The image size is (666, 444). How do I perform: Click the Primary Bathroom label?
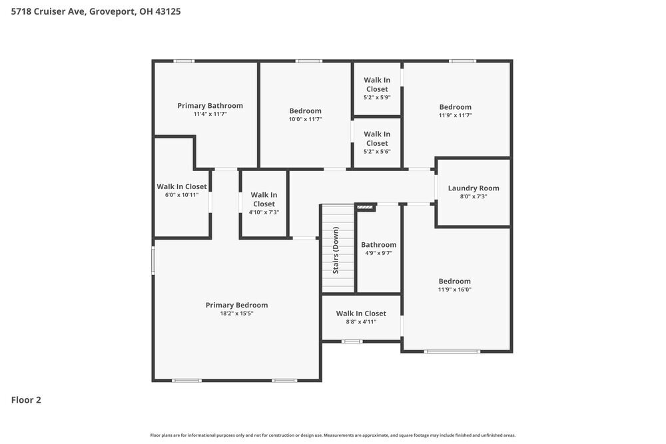pos(210,106)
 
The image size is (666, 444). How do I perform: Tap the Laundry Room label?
pos(473,188)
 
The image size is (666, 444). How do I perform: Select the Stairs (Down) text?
pos(336,250)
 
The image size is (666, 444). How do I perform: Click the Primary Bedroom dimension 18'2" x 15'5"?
pos(236,314)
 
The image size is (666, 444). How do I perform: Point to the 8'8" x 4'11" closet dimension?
pos(361,322)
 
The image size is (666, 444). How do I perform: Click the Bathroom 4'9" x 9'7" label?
pos(378,245)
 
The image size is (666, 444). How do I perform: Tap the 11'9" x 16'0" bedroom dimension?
pos(454,290)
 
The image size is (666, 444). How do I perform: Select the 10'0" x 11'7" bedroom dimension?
pos(305,119)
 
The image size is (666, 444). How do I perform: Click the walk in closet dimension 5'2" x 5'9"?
pos(376,97)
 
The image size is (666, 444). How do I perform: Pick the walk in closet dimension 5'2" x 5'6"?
pos(376,151)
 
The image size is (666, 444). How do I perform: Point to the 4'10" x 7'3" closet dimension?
pos(264,212)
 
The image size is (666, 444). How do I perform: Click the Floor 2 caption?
pos(26,400)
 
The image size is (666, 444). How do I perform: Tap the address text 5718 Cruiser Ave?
pos(49,11)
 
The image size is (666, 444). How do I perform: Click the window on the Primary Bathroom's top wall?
pos(184,61)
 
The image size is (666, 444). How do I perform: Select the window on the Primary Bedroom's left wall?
pos(153,260)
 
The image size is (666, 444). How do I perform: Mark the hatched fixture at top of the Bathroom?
pos(365,207)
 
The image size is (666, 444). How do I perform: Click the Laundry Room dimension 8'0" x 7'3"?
pos(473,196)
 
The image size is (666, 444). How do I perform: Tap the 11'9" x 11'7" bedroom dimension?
pos(455,115)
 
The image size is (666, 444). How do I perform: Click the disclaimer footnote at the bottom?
pos(333,435)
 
